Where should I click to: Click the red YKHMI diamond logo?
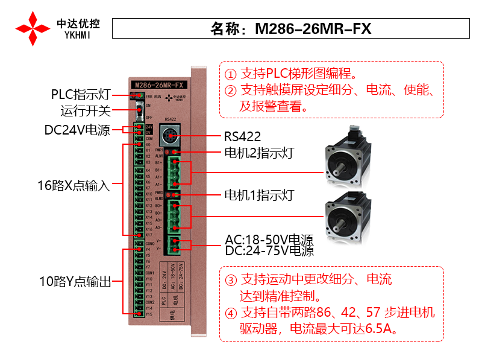(x=33, y=28)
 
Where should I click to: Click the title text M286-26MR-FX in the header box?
(x=313, y=28)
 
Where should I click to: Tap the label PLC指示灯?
(x=80, y=95)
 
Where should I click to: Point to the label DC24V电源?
(x=77, y=130)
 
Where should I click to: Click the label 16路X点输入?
(x=73, y=185)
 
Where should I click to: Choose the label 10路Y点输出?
(x=73, y=281)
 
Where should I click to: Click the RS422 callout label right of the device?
(x=242, y=136)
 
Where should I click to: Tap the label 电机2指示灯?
(x=258, y=153)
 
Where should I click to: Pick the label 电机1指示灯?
(x=258, y=195)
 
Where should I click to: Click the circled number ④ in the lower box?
(x=231, y=314)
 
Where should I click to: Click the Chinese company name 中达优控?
(x=78, y=23)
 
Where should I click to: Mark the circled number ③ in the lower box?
(x=231, y=281)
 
